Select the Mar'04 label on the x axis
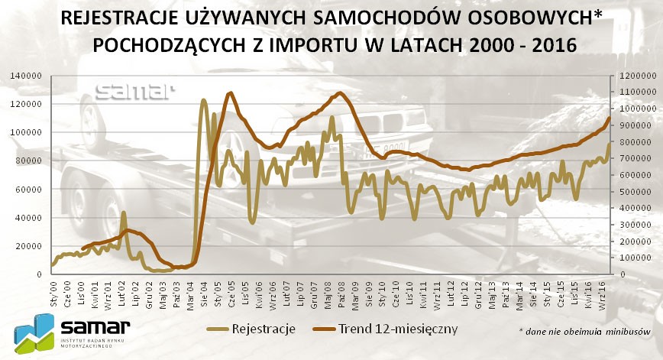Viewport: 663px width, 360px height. [x=190, y=291]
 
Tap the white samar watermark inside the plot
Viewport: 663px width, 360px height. [x=135, y=92]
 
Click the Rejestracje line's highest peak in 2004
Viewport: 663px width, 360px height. [x=203, y=100]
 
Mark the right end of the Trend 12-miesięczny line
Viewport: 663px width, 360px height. [x=610, y=117]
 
